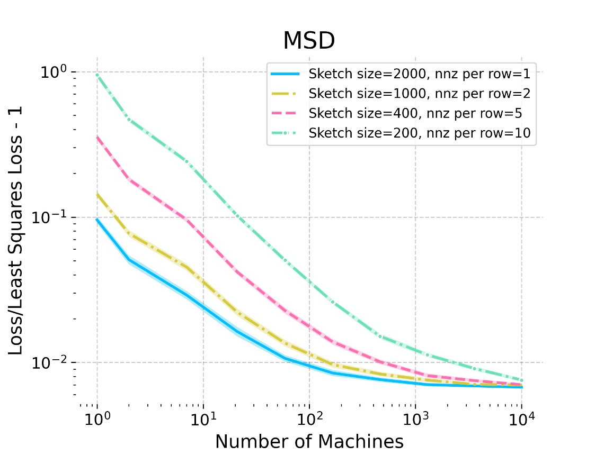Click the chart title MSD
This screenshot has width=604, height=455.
point(309,41)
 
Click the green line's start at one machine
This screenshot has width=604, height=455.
point(97,75)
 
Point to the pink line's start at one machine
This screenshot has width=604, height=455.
point(97,137)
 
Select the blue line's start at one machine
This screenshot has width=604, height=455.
point(97,219)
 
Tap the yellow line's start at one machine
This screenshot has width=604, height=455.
point(97,194)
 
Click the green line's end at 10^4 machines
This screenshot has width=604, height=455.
point(521,380)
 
